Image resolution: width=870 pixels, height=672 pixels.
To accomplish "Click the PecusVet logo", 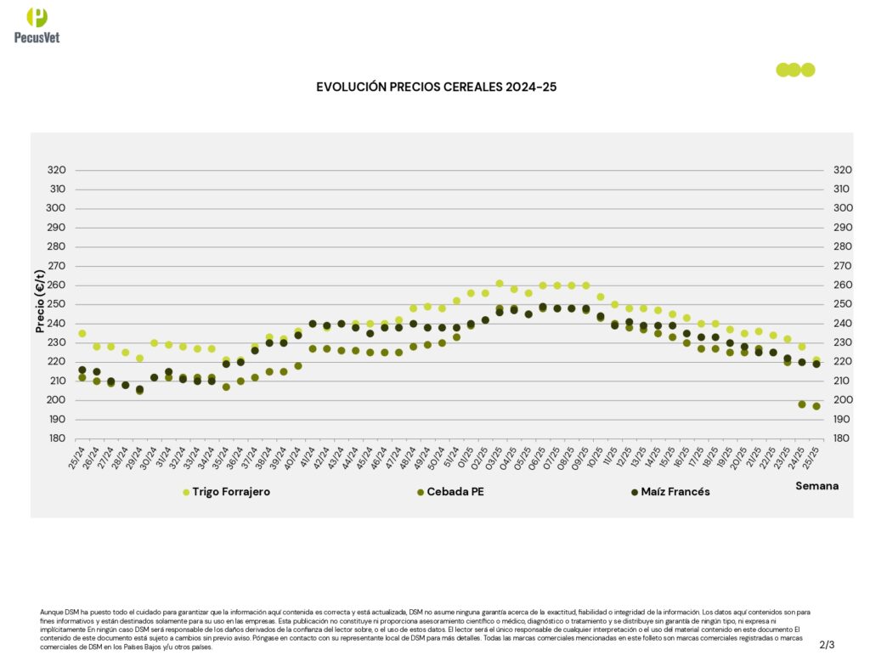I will [x=37, y=25].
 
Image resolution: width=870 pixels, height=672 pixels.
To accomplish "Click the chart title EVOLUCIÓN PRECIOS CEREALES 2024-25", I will [x=436, y=87].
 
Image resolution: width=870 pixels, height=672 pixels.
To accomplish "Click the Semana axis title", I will [x=816, y=486].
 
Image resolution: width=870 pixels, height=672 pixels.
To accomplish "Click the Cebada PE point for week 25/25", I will [x=816, y=406].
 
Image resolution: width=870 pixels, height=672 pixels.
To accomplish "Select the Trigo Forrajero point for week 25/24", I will [x=82, y=334].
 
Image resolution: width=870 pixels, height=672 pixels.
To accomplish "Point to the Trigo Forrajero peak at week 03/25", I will [x=500, y=284].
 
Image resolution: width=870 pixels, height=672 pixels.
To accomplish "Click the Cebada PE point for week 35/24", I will [x=226, y=387].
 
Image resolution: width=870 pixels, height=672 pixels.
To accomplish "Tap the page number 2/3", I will [x=828, y=645].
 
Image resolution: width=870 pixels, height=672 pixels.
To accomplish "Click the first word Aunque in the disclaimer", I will [x=51, y=612].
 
